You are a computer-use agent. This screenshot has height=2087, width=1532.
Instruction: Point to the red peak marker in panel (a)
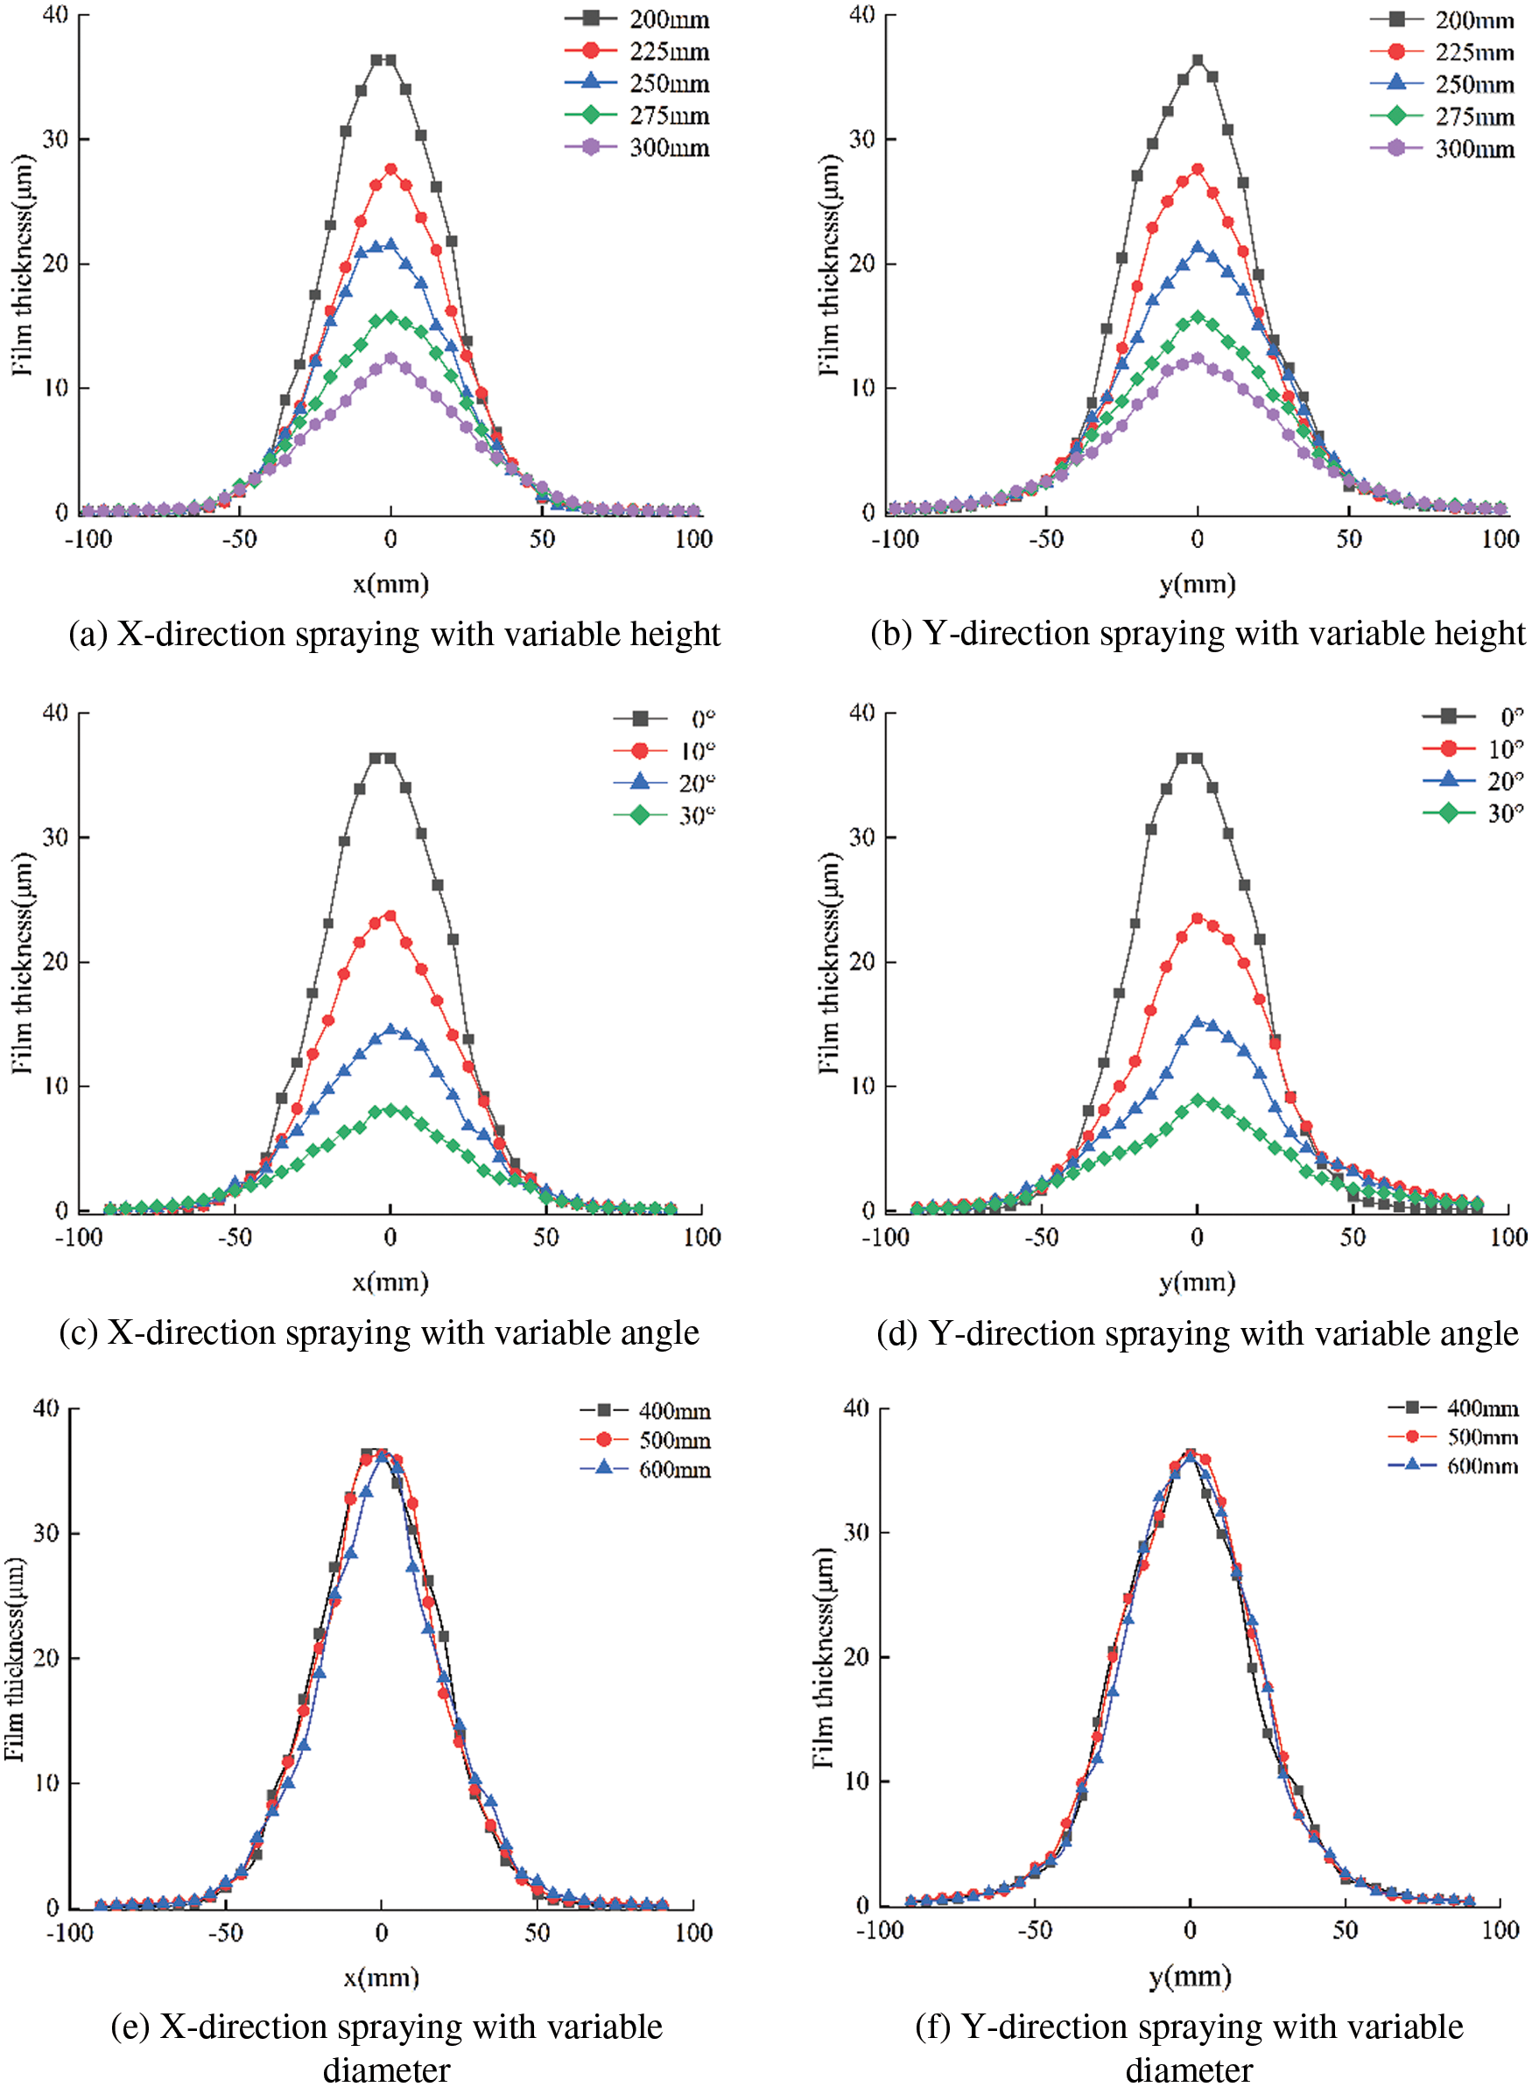tap(390, 170)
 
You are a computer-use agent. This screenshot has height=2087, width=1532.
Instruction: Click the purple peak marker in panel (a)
tap(390, 358)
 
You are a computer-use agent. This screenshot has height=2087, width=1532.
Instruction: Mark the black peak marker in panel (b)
tap(1198, 60)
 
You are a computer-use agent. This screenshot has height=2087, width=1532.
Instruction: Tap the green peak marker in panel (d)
tap(1198, 1100)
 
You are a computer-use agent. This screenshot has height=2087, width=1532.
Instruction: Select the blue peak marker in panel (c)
tap(390, 1029)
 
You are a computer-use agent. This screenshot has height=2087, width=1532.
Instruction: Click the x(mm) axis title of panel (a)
tap(390, 584)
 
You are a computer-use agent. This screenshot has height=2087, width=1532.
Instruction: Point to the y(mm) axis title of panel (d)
tap(1198, 1282)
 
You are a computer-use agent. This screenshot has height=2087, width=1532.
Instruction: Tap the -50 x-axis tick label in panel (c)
tap(234, 1237)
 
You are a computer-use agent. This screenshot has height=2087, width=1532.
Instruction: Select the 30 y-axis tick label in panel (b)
tap(861, 139)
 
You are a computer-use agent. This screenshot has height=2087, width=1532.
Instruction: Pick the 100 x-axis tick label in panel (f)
tap(1500, 1930)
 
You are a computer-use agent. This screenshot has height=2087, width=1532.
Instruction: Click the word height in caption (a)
tap(675, 634)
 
